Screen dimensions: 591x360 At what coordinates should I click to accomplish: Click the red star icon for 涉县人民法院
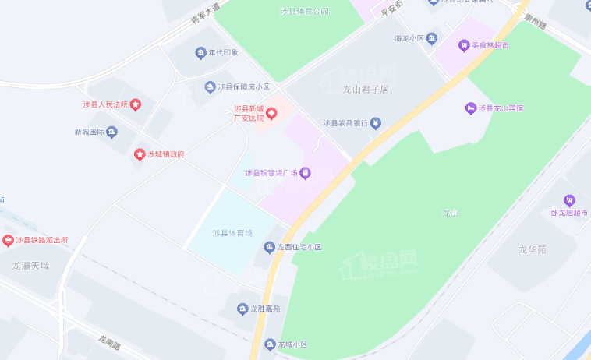(x=136, y=104)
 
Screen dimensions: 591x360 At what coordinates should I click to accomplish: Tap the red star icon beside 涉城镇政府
(x=140, y=154)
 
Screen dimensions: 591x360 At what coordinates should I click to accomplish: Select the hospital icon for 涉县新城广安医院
(x=272, y=114)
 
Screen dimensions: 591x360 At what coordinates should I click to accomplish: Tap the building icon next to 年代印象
(x=200, y=53)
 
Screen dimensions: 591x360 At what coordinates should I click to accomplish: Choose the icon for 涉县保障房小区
(x=210, y=86)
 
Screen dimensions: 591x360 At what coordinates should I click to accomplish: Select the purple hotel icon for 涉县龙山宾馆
(x=470, y=108)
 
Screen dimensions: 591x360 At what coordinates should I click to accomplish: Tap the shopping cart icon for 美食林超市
(x=464, y=45)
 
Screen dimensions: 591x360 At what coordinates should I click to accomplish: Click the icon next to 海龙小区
(x=432, y=37)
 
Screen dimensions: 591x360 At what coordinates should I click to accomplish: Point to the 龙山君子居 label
(x=366, y=89)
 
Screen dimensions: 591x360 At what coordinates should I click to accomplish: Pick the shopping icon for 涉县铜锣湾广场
(x=305, y=173)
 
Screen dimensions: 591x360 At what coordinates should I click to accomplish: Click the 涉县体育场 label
(x=232, y=233)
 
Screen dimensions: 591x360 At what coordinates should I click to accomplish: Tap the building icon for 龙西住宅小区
(x=269, y=247)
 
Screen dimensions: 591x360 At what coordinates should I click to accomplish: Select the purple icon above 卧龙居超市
(x=569, y=199)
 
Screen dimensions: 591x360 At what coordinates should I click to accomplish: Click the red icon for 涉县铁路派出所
(x=9, y=240)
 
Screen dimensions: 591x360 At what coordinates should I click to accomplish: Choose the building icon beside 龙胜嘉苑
(x=242, y=308)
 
